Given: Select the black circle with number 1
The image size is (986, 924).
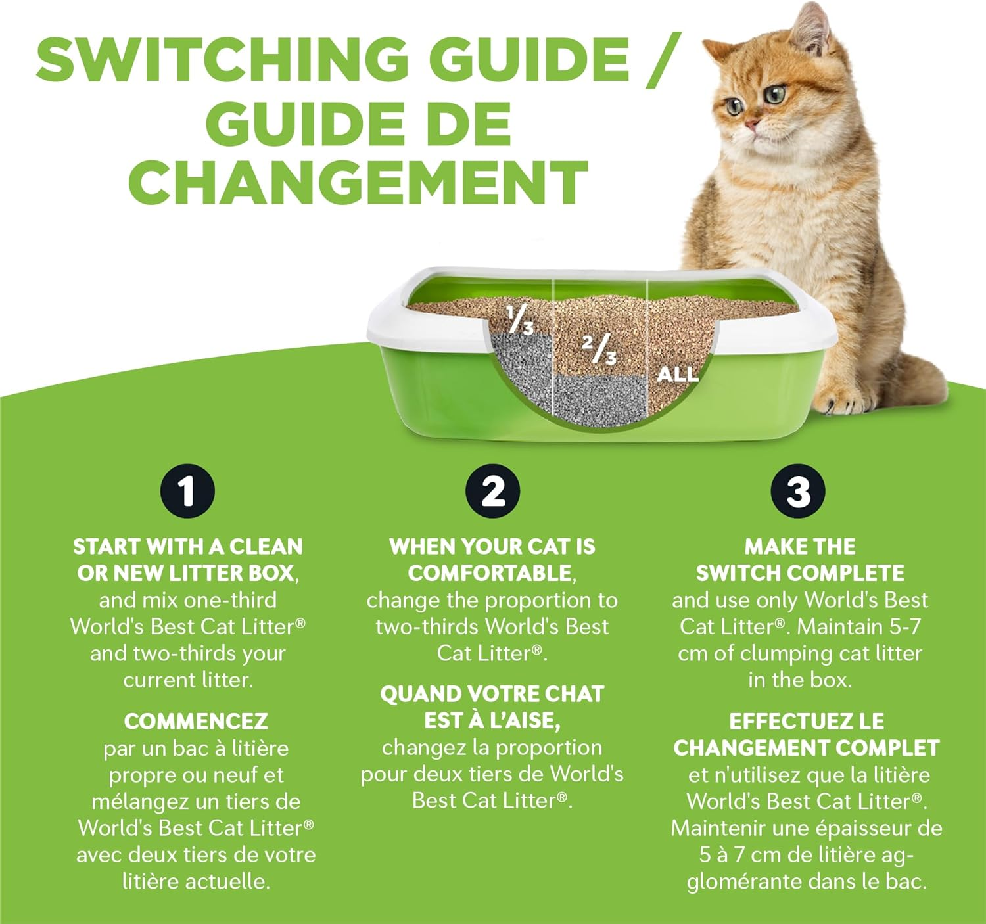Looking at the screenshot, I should (187, 492).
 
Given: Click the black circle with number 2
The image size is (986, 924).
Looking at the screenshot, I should (493, 492).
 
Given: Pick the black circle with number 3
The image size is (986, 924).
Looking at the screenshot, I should (799, 492).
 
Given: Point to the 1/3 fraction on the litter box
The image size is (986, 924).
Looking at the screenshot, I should (520, 319).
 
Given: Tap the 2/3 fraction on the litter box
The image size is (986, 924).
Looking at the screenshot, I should (599, 349).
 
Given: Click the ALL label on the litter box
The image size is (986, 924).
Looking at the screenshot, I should (677, 375).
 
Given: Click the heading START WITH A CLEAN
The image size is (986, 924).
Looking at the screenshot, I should (187, 547).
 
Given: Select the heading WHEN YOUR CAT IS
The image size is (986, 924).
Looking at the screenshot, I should (492, 547).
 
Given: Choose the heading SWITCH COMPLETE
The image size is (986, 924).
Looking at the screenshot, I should (800, 573).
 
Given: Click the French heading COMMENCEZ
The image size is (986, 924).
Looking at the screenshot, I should (196, 722).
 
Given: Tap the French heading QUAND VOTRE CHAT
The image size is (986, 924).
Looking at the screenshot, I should (492, 694).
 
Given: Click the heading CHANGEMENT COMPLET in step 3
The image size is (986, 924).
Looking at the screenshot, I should (807, 748).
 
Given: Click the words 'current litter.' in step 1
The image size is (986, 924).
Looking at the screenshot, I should (188, 680).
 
